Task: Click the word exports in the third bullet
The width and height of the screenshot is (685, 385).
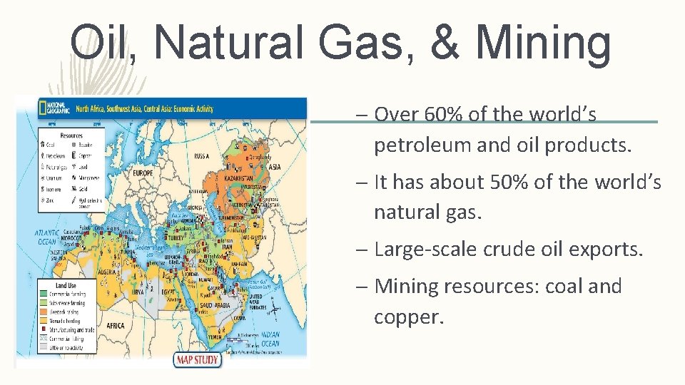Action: (607, 250)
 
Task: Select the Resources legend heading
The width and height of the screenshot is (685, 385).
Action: (71, 135)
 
